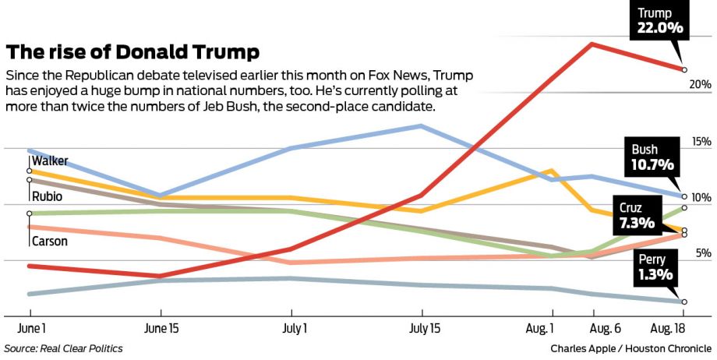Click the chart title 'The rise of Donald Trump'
(132, 52)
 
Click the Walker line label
(50, 161)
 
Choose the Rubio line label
(47, 196)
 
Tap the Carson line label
(49, 242)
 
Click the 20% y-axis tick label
(700, 84)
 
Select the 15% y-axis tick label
(700, 142)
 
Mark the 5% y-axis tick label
(703, 253)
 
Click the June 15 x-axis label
(162, 329)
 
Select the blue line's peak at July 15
(422, 125)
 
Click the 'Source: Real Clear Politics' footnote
(64, 349)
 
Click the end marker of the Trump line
(684, 70)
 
